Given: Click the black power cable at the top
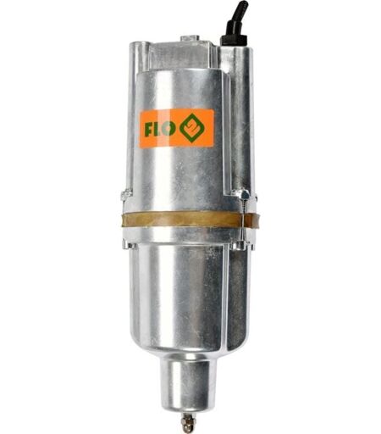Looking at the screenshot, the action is pyautogui.click(x=236, y=19).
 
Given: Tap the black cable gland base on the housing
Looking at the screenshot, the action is pyautogui.click(x=234, y=40).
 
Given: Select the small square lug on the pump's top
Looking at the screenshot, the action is pyautogui.click(x=190, y=38).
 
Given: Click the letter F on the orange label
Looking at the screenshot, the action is pyautogui.click(x=149, y=130).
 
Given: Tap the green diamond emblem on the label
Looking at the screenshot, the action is pyautogui.click(x=192, y=128).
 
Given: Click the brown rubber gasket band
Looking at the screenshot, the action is pyautogui.click(x=189, y=220).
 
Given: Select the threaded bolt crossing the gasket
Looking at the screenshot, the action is pyautogui.click(x=243, y=219).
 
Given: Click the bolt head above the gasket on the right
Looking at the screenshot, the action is pyautogui.click(x=243, y=194).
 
